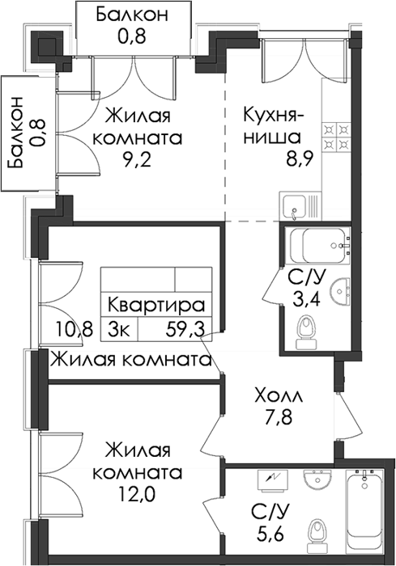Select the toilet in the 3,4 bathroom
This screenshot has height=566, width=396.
pos(306,332)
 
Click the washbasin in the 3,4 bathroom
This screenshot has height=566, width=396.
pos(340,289)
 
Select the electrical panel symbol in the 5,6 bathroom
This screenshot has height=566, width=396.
pos(273,479)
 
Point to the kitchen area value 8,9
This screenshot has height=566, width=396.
pos(298,158)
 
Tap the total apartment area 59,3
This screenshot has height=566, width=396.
pos(185,329)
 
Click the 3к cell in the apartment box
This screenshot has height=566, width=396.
pos(118,329)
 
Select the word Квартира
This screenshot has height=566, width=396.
pos(156,306)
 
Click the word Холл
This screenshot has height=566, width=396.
pos(279,396)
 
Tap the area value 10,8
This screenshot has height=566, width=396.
pos(75,329)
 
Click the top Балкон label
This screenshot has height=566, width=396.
pos(132,15)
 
